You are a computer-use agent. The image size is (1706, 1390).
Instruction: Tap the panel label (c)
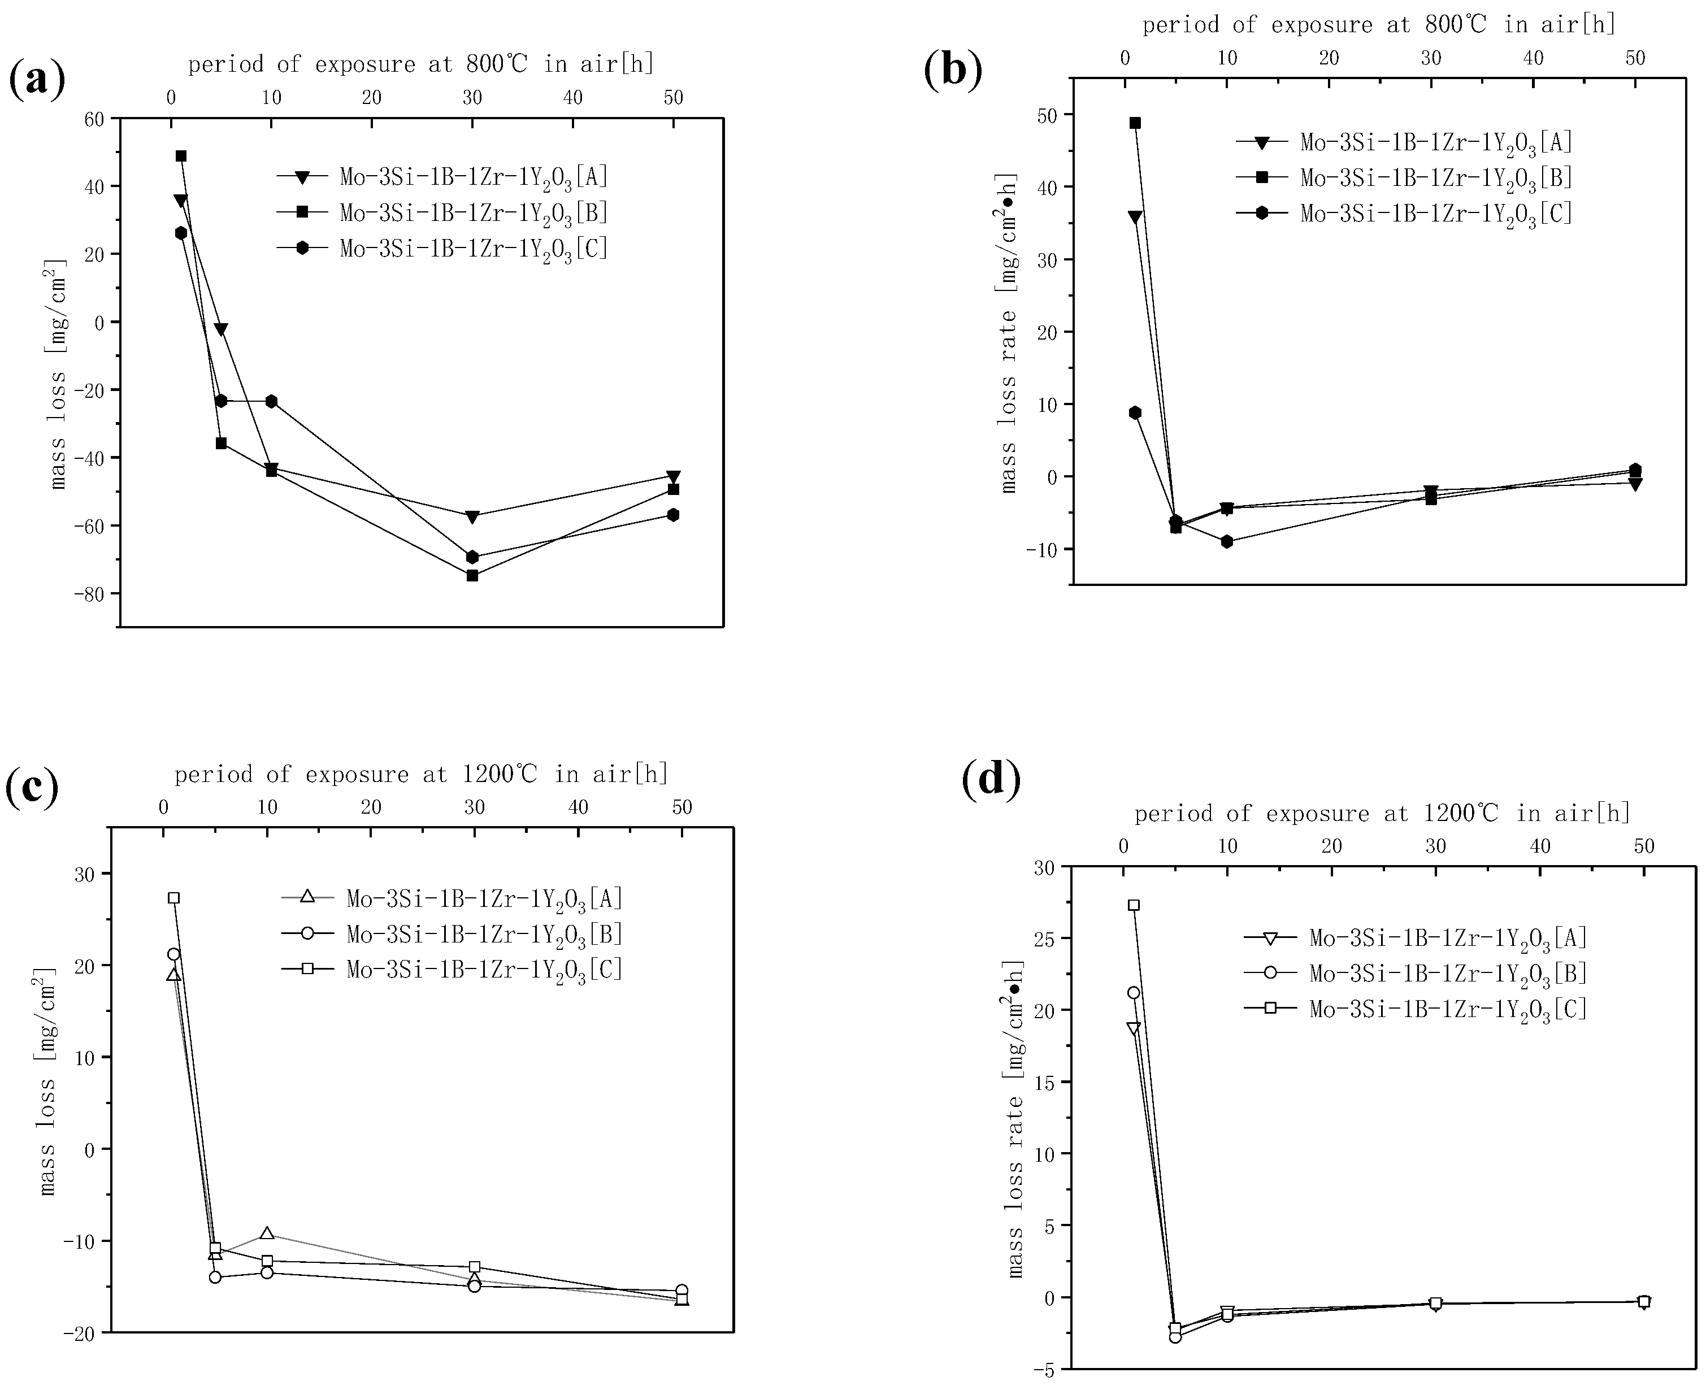click(32, 787)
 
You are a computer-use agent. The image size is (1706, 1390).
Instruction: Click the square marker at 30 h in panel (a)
click(472, 575)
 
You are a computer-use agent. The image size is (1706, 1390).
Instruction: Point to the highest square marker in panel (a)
click(181, 156)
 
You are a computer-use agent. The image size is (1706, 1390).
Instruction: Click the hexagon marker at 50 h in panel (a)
click(673, 514)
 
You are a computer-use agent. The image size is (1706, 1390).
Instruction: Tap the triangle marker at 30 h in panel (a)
click(472, 516)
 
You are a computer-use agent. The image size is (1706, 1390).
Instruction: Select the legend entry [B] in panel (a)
click(473, 212)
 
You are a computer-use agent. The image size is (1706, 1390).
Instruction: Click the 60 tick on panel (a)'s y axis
click(94, 119)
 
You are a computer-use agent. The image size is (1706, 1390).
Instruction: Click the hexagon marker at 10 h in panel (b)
click(1226, 541)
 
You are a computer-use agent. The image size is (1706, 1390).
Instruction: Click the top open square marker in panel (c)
click(173, 898)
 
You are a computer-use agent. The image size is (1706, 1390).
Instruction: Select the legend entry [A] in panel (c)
click(484, 898)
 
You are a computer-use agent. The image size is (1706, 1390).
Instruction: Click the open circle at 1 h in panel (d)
click(1134, 993)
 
